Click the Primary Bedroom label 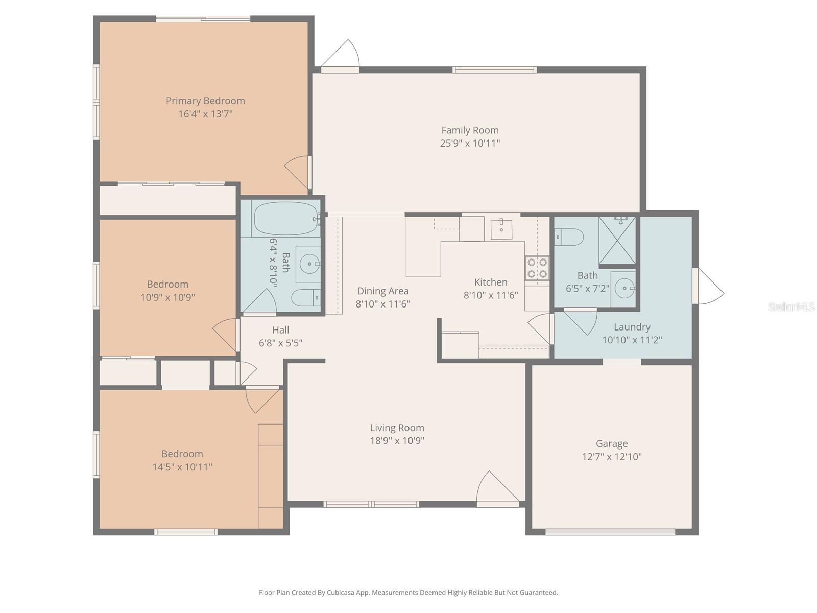tap(205, 101)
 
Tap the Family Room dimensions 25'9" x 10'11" tap(470, 144)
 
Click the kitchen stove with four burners tap(537, 268)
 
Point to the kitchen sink tap(502, 229)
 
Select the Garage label tap(611, 443)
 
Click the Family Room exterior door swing tap(342, 55)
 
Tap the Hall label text tap(280, 330)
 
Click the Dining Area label tap(382, 291)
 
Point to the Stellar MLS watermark tap(791, 306)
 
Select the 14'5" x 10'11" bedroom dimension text tap(182, 467)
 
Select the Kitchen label tap(491, 282)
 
